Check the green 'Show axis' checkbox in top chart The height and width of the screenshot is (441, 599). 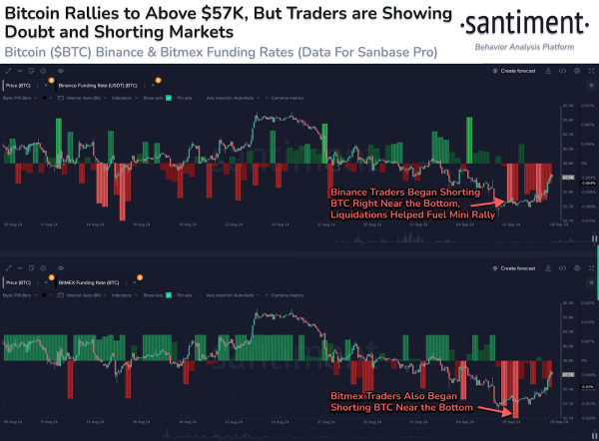[169, 99]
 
